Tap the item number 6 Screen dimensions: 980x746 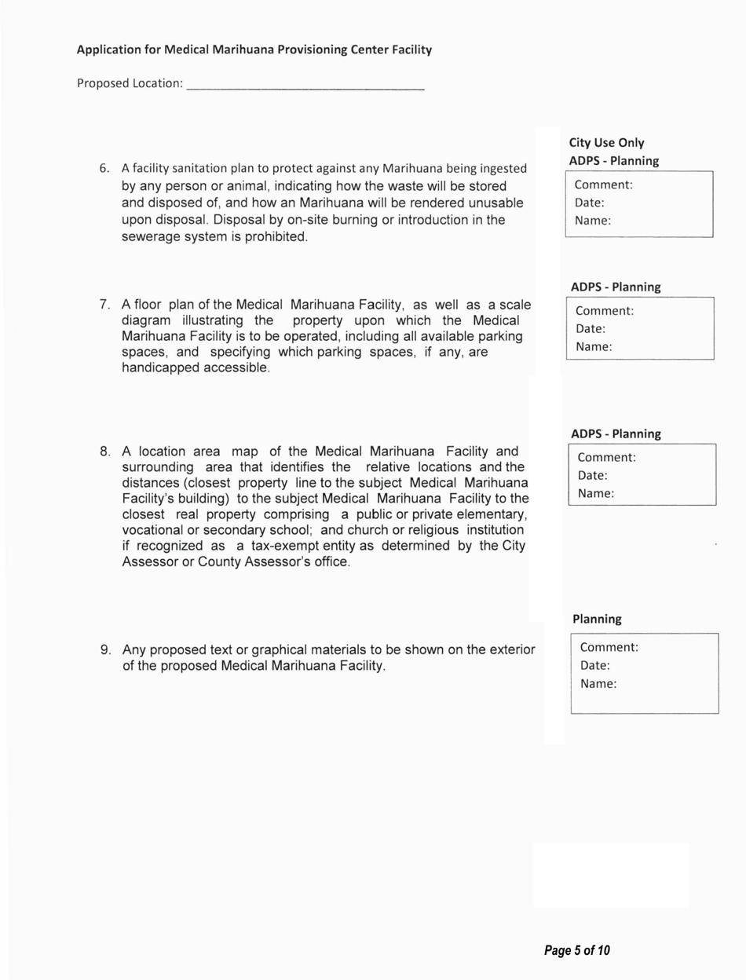(x=104, y=169)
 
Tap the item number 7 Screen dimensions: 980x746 (x=104, y=304)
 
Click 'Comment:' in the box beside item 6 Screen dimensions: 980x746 (x=604, y=186)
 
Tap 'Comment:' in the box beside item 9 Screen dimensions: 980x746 (x=609, y=648)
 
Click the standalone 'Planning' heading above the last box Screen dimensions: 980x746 (x=597, y=619)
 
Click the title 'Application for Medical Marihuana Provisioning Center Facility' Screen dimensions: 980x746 (x=254, y=50)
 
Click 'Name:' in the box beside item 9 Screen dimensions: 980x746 (x=598, y=683)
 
